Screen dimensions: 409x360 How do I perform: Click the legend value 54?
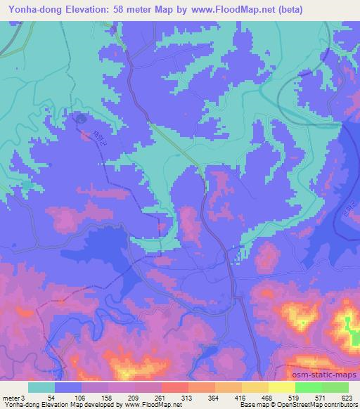[x=56, y=397]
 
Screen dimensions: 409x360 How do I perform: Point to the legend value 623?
[x=348, y=397]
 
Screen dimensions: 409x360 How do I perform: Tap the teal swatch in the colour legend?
[x=41, y=387]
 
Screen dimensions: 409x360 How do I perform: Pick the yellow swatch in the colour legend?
[x=282, y=387]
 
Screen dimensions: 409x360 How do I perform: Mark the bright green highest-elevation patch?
[x=349, y=324]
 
